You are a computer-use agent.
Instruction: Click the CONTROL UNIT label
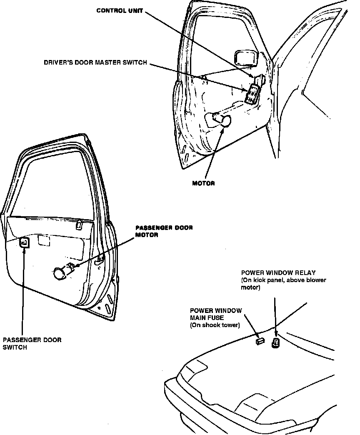coord(119,10)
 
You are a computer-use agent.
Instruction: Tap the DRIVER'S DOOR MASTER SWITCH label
coord(95,63)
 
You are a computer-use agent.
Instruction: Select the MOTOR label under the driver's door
coord(203,183)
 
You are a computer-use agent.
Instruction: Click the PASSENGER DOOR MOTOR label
coord(164,231)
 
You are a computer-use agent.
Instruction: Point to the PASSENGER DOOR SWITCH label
coord(32,343)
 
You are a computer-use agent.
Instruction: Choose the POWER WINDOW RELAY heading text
coord(278,273)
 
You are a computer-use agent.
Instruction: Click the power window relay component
coord(275,343)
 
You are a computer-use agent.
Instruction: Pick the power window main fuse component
coord(259,340)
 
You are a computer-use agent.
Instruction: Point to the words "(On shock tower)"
coord(215,325)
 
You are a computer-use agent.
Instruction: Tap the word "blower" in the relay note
coord(315,280)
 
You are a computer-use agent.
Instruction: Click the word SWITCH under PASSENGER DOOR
coord(15,347)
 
